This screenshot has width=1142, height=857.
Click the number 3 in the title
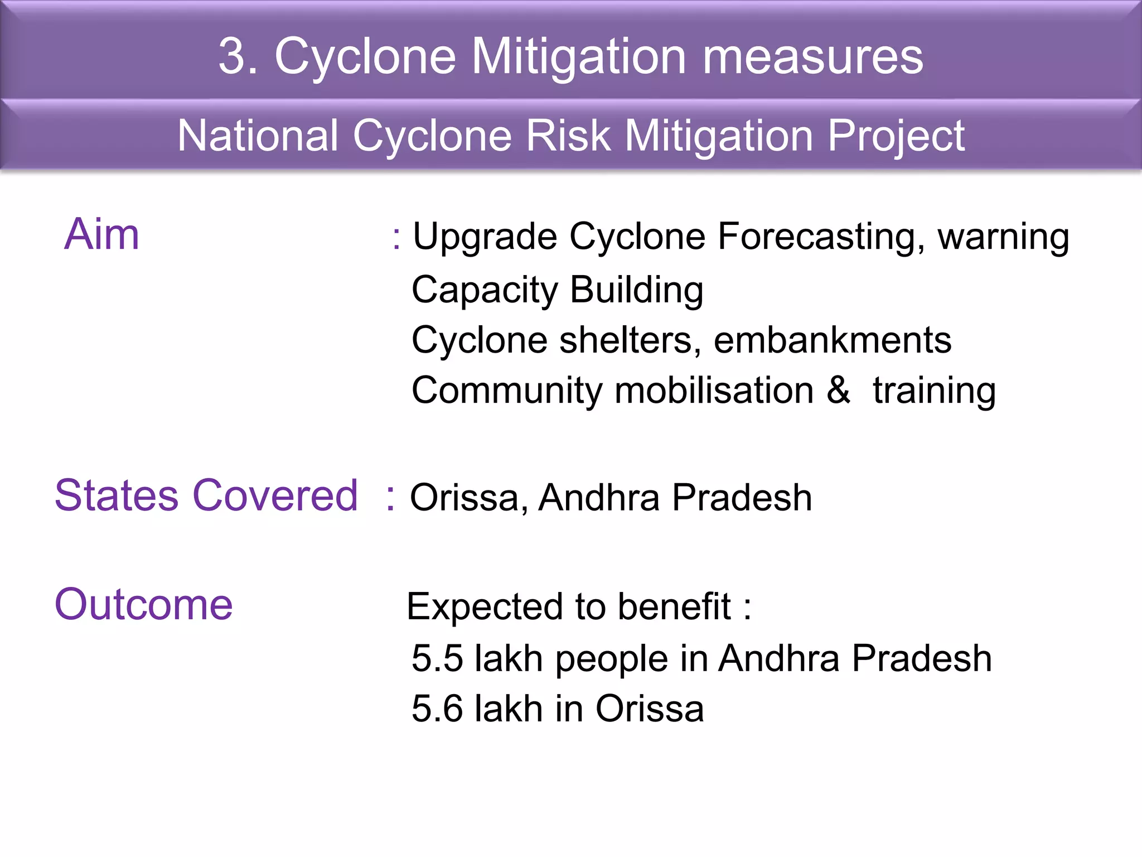pyautogui.click(x=233, y=56)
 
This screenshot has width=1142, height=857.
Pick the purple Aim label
pyautogui.click(x=101, y=234)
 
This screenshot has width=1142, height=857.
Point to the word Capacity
pyautogui.click(x=485, y=291)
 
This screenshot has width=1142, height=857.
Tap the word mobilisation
pyautogui.click(x=714, y=390)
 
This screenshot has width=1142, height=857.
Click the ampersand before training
pyautogui.click(x=839, y=390)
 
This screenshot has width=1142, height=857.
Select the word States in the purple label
pyautogui.click(x=117, y=495)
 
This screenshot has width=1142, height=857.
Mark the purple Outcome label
pyautogui.click(x=144, y=604)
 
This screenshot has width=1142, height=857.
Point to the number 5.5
pyautogui.click(x=437, y=658)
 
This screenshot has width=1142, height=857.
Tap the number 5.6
pyautogui.click(x=437, y=709)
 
